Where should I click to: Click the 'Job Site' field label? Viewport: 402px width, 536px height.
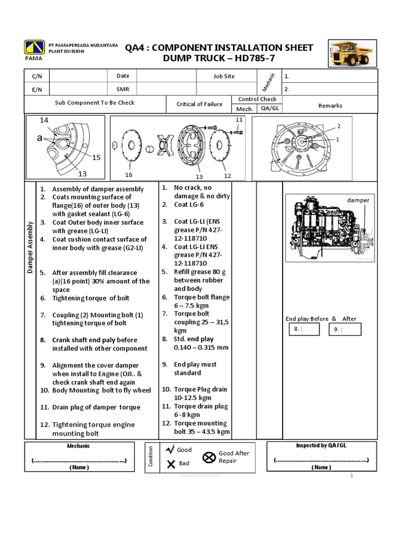pyautogui.click(x=224, y=76)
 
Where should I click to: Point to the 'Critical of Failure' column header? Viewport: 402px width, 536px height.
pyautogui.click(x=199, y=104)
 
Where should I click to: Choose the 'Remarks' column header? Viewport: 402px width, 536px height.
pyautogui.click(x=330, y=105)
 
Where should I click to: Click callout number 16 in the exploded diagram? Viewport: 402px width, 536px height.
pyautogui.click(x=129, y=174)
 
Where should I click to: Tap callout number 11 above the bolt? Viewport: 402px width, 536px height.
pyautogui.click(x=239, y=120)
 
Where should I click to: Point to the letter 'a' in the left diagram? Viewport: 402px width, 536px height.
pyautogui.click(x=40, y=138)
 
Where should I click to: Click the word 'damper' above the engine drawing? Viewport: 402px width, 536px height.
pyautogui.click(x=358, y=200)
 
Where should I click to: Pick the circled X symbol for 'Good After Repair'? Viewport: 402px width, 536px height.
pyautogui.click(x=209, y=457)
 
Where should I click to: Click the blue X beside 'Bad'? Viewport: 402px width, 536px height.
pyautogui.click(x=171, y=463)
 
